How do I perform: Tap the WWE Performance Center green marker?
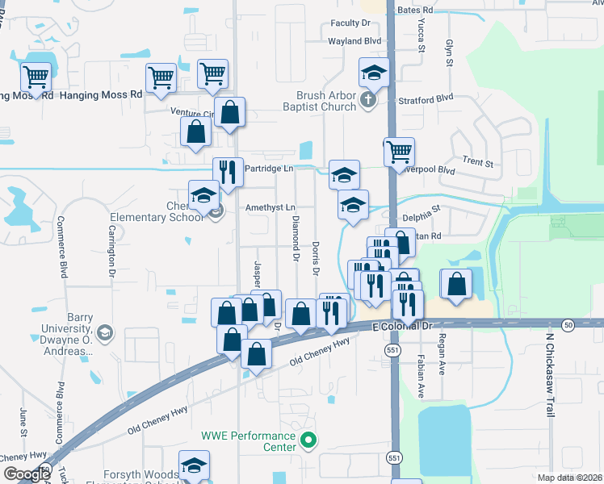308,440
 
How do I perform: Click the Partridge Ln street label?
269,169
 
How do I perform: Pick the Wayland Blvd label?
354,40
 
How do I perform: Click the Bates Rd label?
416,10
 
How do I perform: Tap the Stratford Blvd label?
426,100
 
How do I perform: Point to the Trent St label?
477,162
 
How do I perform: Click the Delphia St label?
422,217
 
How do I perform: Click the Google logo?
27,474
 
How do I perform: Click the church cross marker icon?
368,101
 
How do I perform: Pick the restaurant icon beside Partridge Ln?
228,171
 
